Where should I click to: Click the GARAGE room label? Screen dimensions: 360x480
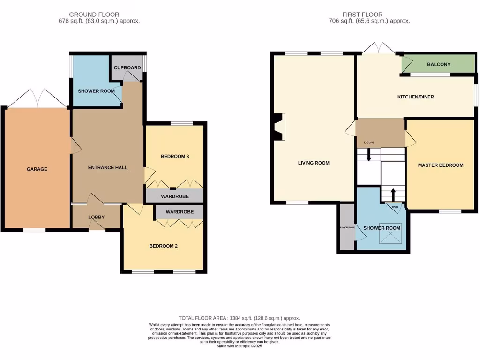[x=37, y=169]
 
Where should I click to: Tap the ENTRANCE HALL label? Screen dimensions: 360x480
[x=108, y=167]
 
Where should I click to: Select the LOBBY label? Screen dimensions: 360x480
[x=97, y=217]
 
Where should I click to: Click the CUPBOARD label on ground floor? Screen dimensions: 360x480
[x=127, y=68]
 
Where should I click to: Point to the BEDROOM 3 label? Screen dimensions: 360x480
[x=174, y=156]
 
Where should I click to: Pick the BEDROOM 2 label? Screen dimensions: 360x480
[x=163, y=246]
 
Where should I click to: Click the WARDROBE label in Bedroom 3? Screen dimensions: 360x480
[x=174, y=196]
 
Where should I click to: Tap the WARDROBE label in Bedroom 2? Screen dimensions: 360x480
[x=179, y=212]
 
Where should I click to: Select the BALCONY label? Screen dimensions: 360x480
[x=438, y=64]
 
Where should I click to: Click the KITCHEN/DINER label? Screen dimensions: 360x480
[x=415, y=97]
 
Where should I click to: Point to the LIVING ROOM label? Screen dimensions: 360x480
[x=314, y=163]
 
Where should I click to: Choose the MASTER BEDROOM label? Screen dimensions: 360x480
[x=441, y=165]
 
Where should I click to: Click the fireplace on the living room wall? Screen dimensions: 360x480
[x=278, y=127]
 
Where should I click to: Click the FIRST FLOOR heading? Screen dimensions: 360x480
[x=363, y=15]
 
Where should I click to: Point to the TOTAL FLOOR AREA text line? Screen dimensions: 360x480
[x=240, y=318]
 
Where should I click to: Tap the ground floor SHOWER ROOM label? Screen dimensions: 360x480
[x=96, y=91]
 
